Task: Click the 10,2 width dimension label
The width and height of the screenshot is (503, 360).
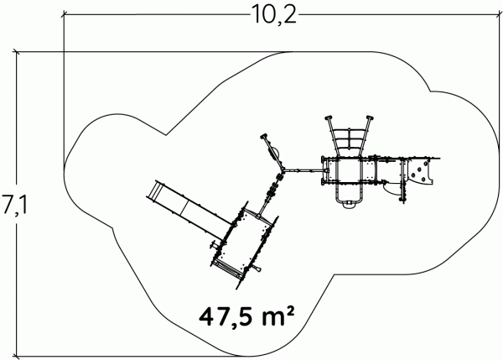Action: coord(273,14)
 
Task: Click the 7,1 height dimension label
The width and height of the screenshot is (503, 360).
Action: coord(14,204)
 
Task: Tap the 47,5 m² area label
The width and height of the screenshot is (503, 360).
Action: coord(246,316)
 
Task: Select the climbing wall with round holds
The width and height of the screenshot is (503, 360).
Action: coord(421,172)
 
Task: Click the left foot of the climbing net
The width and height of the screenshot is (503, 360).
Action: coord(329,117)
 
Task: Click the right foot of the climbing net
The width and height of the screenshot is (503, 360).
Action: coord(370,117)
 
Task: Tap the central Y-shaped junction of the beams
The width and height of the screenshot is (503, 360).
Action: coord(283,170)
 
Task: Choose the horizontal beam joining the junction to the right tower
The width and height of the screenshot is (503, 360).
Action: coord(305,170)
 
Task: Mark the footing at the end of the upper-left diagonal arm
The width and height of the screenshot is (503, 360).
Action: coord(264,136)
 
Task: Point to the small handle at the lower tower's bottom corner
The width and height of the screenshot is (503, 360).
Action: coord(256,268)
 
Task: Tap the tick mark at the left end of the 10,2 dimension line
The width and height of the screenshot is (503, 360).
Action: coord(64,14)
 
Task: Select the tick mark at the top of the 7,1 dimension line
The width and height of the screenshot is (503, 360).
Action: coord(16,52)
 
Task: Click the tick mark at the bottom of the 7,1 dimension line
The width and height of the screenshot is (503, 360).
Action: coord(16,356)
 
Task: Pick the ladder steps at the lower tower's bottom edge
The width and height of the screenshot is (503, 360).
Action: coord(229,269)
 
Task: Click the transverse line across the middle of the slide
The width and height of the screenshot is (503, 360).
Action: coord(184,208)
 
